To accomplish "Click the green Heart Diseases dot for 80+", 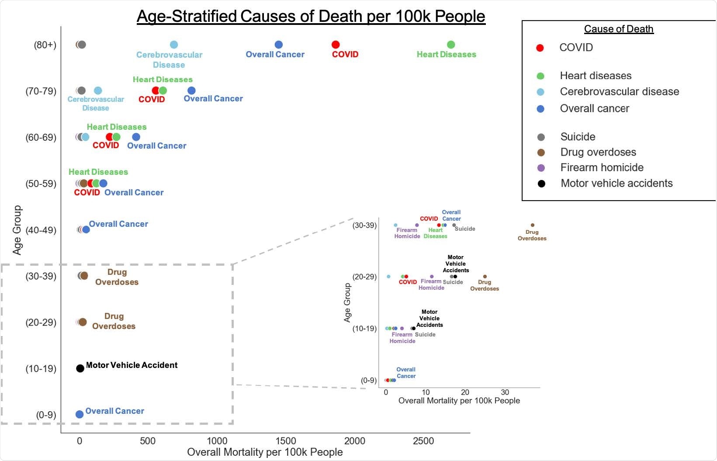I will tap(451, 45).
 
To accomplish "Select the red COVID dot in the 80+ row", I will tap(336, 45).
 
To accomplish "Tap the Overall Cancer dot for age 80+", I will tap(278, 45).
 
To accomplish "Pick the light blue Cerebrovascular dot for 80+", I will tap(173, 45).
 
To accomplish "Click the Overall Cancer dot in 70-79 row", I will tap(191, 90).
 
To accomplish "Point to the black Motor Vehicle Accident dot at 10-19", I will tap(80, 368).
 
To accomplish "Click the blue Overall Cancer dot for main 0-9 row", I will tap(80, 414).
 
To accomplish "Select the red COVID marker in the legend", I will tap(540, 48).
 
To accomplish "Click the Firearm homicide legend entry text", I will tap(602, 168).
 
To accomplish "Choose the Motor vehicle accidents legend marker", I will tap(541, 184).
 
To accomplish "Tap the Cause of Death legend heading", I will tap(619, 29).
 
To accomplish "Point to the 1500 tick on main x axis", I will tap(286, 441).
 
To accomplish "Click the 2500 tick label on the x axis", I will tap(423, 441).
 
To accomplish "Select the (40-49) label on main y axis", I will tap(41, 230).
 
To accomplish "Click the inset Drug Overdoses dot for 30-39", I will tap(532, 225).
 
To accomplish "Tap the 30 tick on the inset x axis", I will tap(505, 392).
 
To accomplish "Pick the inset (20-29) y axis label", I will tap(364, 277).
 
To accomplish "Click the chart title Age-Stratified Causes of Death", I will tap(311, 17).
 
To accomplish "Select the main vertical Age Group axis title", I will tap(17, 230).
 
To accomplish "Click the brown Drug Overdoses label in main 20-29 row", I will tap(114, 321).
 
